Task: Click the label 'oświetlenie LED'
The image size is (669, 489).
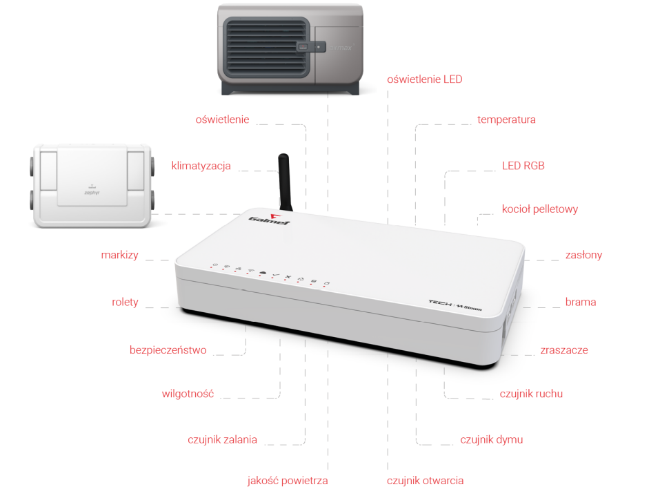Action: tap(424, 79)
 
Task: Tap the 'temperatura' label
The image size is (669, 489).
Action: tap(506, 119)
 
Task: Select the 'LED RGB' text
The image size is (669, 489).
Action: tap(523, 166)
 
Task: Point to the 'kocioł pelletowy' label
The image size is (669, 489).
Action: tap(540, 209)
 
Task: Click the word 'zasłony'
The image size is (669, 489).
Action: tap(583, 255)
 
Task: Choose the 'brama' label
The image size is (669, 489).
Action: tap(580, 302)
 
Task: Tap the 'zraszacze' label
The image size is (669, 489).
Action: tap(563, 350)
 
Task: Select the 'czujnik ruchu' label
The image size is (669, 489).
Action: tap(531, 394)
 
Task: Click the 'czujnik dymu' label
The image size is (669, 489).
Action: tap(491, 439)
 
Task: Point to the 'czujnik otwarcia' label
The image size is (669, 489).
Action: tap(425, 481)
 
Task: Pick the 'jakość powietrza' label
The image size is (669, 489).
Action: tap(288, 481)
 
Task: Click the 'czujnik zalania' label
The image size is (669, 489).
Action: tap(222, 439)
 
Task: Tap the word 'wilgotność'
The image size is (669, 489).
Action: tap(188, 394)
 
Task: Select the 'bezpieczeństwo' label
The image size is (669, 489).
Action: tap(168, 350)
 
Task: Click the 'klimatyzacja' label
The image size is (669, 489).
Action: tap(201, 166)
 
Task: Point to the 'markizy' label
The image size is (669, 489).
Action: tap(119, 255)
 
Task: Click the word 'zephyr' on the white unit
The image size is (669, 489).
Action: tap(92, 193)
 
